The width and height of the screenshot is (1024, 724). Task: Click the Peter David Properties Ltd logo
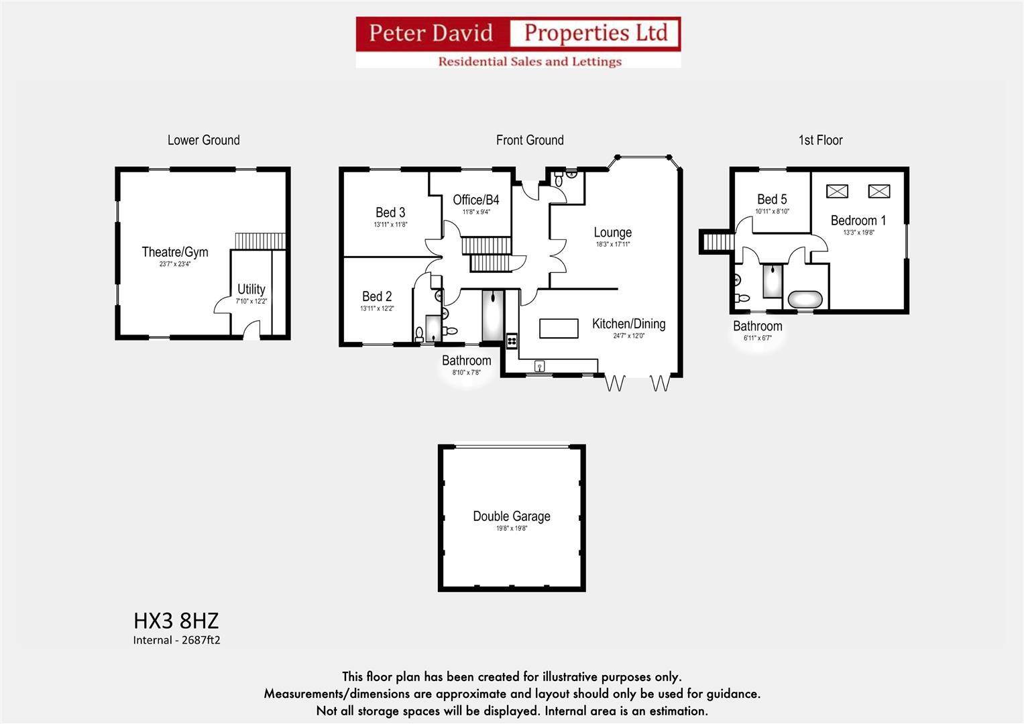[518, 42]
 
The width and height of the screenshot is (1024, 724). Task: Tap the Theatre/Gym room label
[175, 252]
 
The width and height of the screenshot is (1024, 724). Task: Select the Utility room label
[251, 290]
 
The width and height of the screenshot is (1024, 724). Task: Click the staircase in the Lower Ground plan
[260, 241]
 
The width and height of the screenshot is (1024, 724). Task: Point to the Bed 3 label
[390, 213]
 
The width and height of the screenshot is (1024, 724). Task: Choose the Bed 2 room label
[377, 296]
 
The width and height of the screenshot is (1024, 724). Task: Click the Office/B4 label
[476, 200]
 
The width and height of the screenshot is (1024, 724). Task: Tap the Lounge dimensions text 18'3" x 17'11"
[612, 245]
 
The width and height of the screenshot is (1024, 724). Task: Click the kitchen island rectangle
[559, 328]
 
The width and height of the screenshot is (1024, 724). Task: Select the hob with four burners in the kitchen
[512, 341]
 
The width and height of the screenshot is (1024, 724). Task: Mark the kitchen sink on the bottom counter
[539, 366]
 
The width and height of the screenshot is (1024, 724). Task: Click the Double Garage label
[512, 516]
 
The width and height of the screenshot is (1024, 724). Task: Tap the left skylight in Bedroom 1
[837, 191]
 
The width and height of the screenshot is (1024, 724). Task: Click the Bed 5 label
[772, 199]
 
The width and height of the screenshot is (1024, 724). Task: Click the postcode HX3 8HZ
[176, 619]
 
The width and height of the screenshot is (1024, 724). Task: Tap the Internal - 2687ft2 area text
[176, 640]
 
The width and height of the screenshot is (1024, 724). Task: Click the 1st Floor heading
[820, 140]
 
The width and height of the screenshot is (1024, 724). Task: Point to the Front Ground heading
[530, 140]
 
